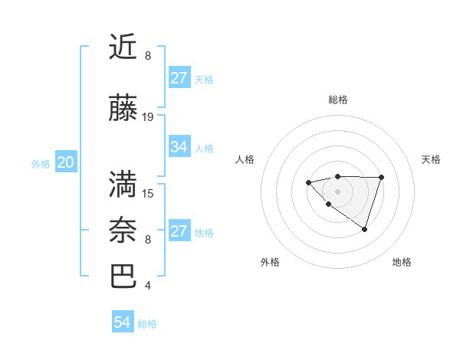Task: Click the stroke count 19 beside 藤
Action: tap(148, 117)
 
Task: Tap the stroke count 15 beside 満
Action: tap(148, 193)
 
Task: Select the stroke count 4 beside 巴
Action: tap(147, 286)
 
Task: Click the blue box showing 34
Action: tap(179, 147)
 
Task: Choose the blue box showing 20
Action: tap(65, 162)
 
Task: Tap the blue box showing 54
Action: tap(122, 322)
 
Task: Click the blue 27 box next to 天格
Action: tap(179, 78)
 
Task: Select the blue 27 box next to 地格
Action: tap(179, 231)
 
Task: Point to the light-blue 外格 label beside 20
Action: tap(41, 163)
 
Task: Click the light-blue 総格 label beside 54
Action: tap(147, 323)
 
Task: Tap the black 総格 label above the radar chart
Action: tap(337, 100)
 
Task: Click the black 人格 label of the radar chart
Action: tap(245, 159)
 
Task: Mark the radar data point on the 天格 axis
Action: tap(382, 178)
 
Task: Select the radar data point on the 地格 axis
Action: tap(365, 229)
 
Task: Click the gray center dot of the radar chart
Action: tap(337, 191)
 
